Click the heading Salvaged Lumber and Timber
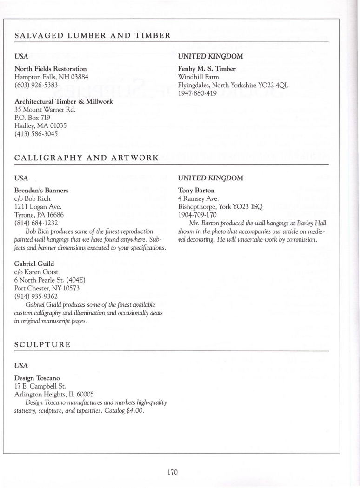point(93,35)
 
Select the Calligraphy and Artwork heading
point(87,158)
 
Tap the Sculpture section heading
point(42,344)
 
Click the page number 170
point(173,472)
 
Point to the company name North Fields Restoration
point(51,69)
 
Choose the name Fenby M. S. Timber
point(207,69)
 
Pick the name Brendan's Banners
point(42,191)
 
